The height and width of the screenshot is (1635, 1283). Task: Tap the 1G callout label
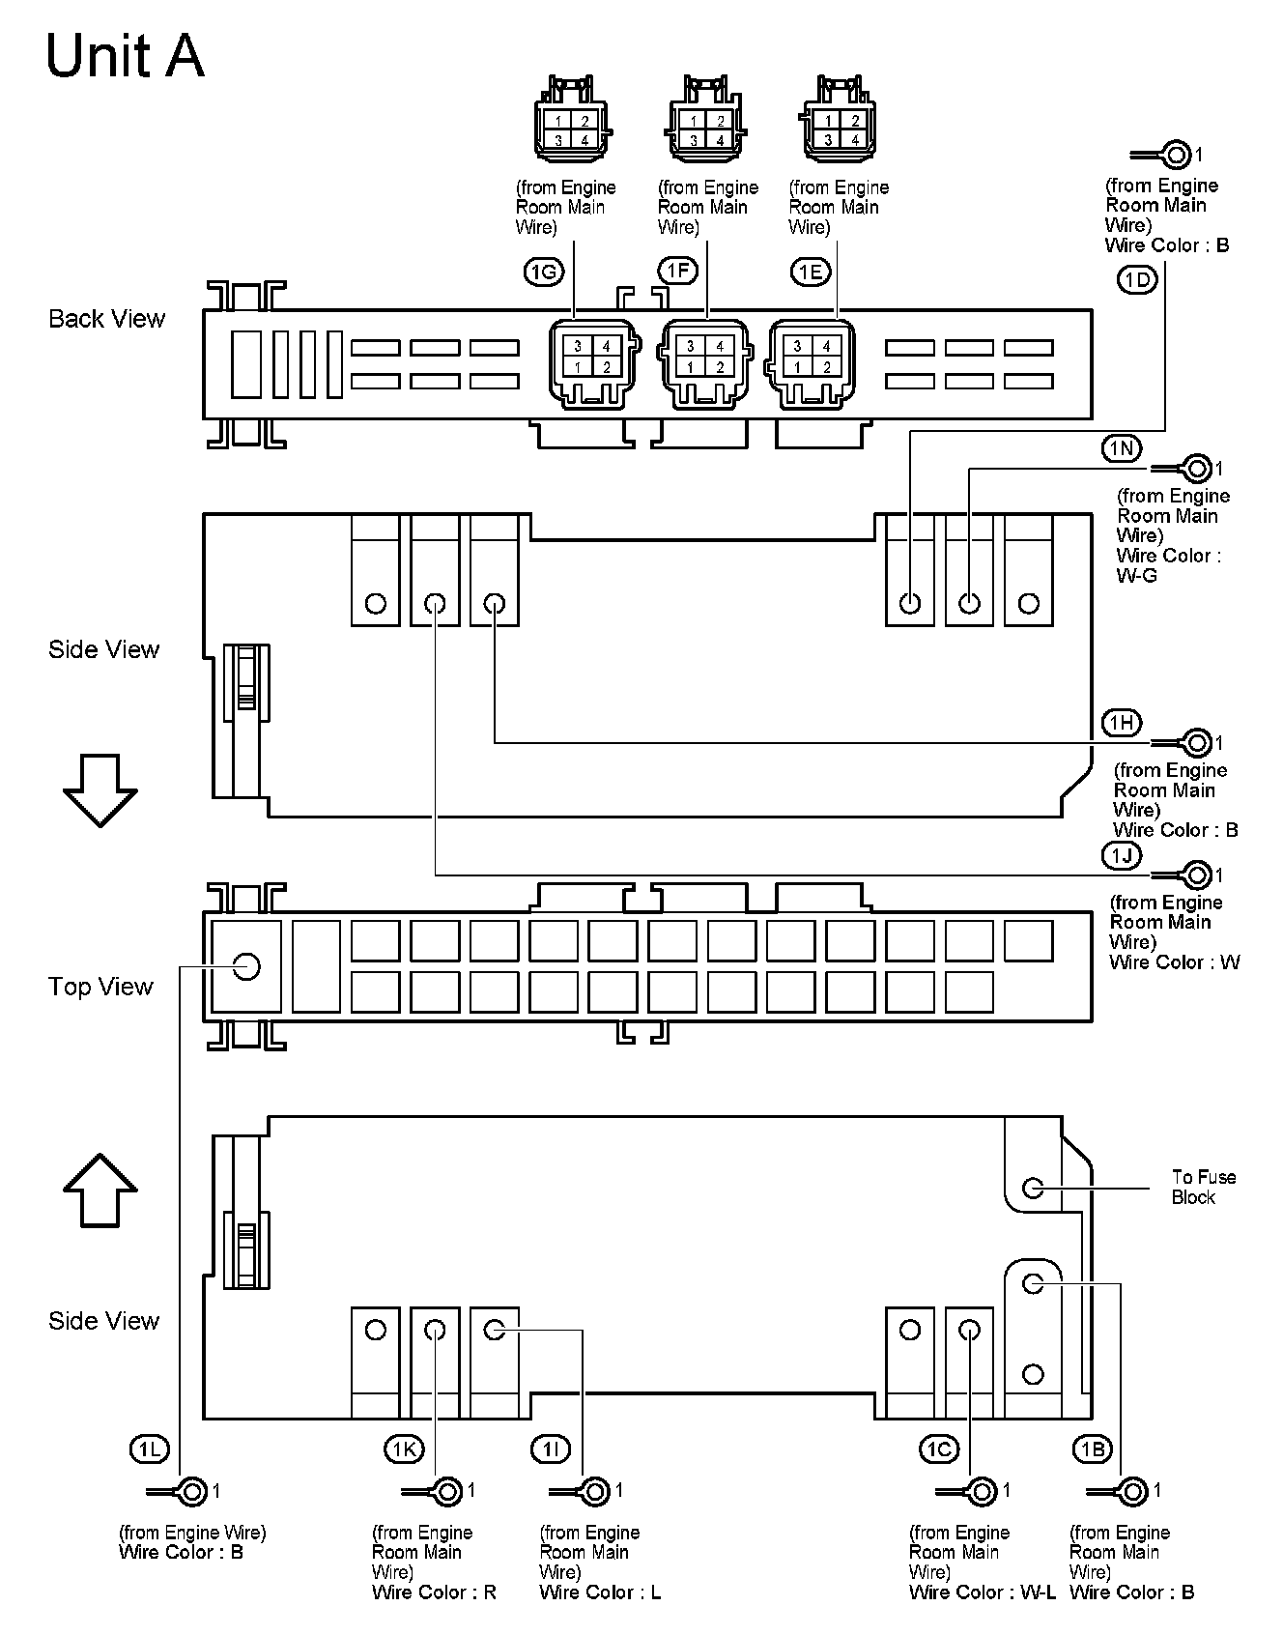click(x=543, y=272)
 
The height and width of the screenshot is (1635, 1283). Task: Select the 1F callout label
click(x=677, y=270)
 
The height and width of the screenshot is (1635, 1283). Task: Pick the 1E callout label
click(x=811, y=272)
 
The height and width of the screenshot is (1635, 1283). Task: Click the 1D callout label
click(x=1137, y=280)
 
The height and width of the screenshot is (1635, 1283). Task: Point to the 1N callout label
click(x=1121, y=447)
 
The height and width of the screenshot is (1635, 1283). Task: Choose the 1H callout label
click(x=1121, y=723)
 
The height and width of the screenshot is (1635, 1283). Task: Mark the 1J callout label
click(x=1121, y=855)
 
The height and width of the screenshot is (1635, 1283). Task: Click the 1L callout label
click(x=149, y=1449)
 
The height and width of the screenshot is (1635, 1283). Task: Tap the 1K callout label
click(x=404, y=1449)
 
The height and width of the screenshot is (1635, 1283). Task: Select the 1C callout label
click(x=939, y=1449)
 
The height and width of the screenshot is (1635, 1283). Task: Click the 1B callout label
click(x=1092, y=1449)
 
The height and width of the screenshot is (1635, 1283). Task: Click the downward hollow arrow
click(x=100, y=789)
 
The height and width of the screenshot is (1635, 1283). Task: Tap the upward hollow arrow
click(x=100, y=1190)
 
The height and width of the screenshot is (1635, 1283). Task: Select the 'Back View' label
click(x=106, y=319)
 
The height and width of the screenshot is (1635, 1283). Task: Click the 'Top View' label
click(x=100, y=987)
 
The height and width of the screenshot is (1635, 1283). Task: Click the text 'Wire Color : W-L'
click(x=983, y=1592)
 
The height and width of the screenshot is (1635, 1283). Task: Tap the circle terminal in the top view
click(x=246, y=965)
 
